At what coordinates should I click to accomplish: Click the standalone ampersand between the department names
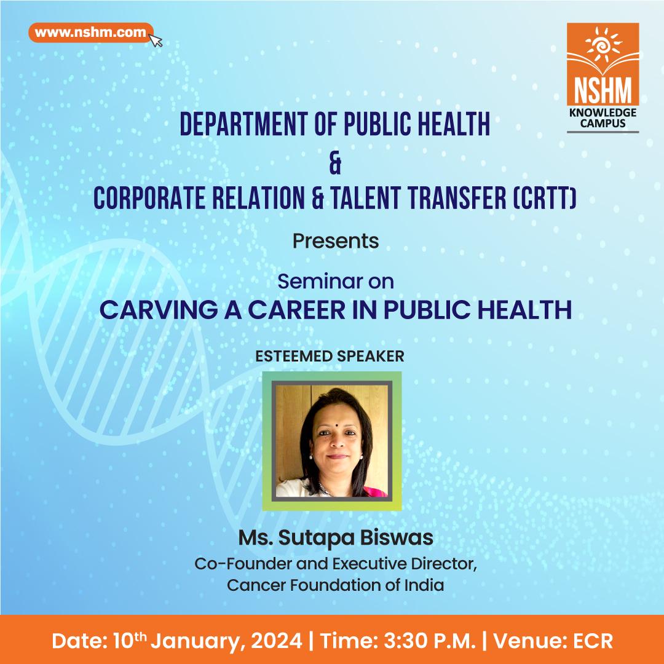tap(335, 164)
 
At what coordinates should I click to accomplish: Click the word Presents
tap(336, 241)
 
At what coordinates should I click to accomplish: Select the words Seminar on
tap(336, 282)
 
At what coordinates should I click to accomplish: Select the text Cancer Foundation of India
tap(336, 584)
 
